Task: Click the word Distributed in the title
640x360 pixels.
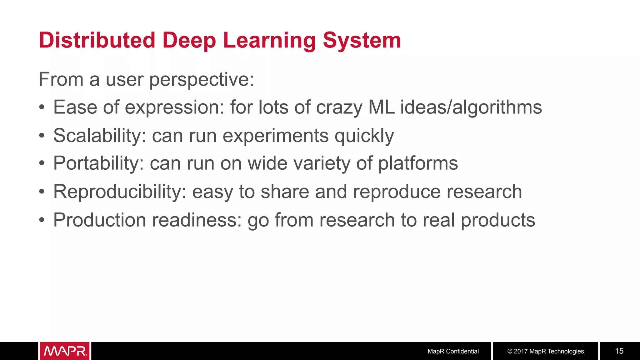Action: click(97, 40)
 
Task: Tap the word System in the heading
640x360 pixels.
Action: click(362, 40)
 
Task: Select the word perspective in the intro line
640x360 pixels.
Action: click(201, 80)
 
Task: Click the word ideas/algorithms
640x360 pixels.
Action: click(471, 108)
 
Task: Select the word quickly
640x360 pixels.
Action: click(364, 136)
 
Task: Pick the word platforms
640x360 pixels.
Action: click(418, 164)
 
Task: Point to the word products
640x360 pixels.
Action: click(498, 220)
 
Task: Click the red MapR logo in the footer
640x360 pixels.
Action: click(65, 351)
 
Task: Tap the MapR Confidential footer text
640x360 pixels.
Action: click(453, 351)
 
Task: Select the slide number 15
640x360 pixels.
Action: click(619, 351)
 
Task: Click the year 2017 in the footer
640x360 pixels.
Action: click(521, 351)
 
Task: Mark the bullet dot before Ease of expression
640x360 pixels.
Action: click(42, 108)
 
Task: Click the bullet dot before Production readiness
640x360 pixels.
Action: click(42, 220)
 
